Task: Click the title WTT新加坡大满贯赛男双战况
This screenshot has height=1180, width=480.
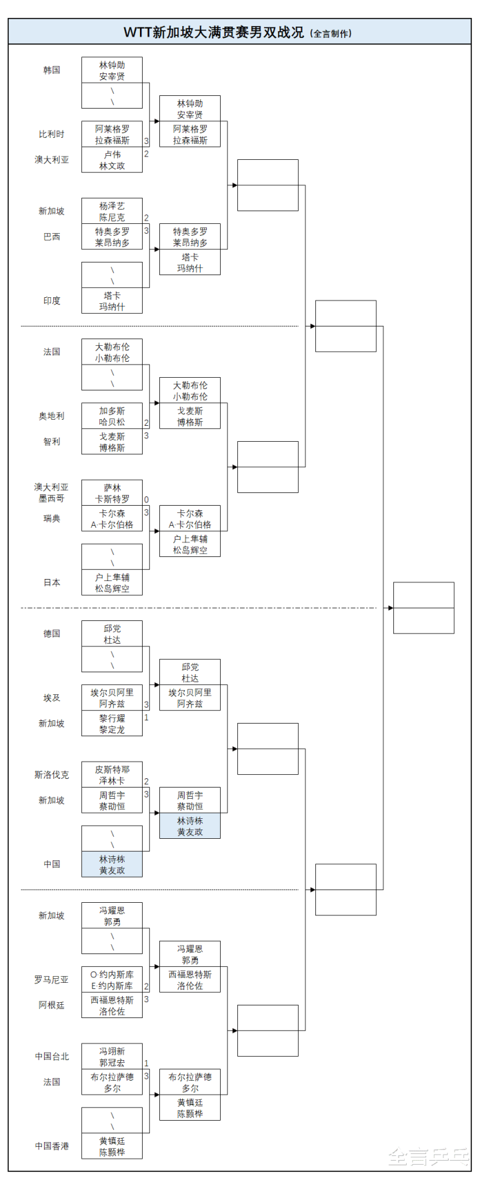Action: coord(213,32)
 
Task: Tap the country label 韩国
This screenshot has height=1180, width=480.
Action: coord(52,70)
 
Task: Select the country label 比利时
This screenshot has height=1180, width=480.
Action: coord(52,134)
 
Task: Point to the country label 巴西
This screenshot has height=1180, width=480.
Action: coord(52,237)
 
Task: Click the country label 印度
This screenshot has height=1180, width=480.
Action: coord(52,300)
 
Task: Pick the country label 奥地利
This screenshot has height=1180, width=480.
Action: coord(52,416)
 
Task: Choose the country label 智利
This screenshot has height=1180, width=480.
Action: coord(52,441)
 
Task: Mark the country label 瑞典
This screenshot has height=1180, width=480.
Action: coord(52,518)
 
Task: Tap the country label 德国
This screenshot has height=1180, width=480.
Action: coord(52,634)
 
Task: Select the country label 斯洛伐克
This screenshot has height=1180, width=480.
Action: coord(52,775)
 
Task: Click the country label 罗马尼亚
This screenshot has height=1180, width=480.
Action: coord(52,979)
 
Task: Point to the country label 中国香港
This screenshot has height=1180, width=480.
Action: coord(52,1146)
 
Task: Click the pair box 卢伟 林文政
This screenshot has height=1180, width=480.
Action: coord(112,160)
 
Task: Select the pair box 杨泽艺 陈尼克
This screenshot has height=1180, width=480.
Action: coord(112,211)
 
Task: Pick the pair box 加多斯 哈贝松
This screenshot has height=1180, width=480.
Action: coord(112,416)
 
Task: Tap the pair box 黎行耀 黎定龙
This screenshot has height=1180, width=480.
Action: coord(112,724)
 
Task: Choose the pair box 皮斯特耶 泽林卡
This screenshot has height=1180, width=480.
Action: coord(112,775)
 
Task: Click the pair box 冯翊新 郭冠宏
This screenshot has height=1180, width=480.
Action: coord(112,1057)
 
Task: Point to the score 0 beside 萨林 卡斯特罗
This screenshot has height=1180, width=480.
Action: coord(147,500)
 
